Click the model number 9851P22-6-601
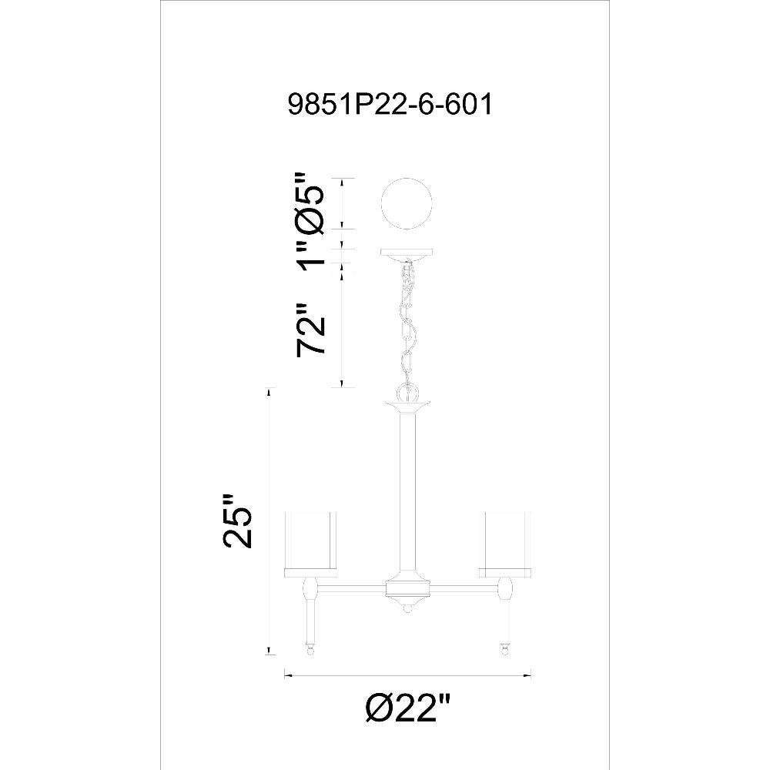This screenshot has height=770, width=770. (x=390, y=105)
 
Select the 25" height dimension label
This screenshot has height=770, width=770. (x=238, y=521)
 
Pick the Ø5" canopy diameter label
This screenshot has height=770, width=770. (x=310, y=202)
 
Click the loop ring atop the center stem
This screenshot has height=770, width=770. (x=407, y=393)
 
